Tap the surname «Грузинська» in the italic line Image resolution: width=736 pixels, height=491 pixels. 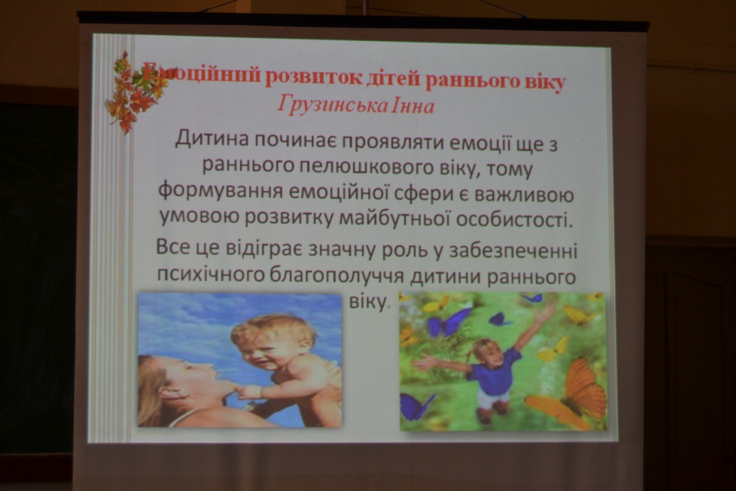pos(333,105)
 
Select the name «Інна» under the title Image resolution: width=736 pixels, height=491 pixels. pos(411,106)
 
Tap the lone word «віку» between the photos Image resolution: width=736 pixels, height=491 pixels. pos(369,301)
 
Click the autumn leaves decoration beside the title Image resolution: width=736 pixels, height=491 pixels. pos(134,92)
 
